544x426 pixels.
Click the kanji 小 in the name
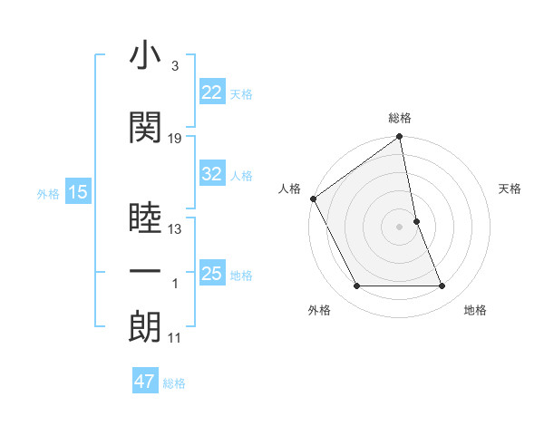(145, 56)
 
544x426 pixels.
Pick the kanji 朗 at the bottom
(145, 327)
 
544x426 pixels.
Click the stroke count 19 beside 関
(175, 138)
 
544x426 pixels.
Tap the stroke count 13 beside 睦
(175, 228)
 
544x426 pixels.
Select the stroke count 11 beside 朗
(175, 338)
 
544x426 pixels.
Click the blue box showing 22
(212, 92)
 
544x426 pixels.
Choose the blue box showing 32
(212, 174)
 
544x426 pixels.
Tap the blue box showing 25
(212, 274)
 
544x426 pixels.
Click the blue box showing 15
(77, 192)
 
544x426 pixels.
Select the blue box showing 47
(145, 382)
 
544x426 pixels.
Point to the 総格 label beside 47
(175, 383)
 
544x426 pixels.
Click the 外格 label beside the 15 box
(48, 193)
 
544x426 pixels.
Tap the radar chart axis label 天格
(510, 189)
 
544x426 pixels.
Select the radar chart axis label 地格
(475, 310)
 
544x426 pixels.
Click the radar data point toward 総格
(400, 138)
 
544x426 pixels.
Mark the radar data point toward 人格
(313, 198)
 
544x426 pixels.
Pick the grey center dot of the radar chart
(400, 227)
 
